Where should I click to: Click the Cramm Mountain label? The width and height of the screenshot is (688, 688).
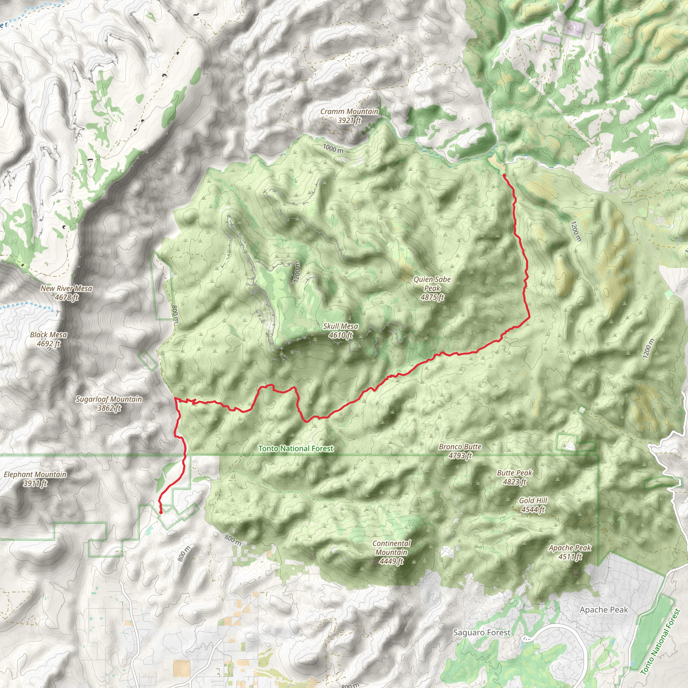tap(349, 112)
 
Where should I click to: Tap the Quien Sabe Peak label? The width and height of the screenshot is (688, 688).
tap(432, 288)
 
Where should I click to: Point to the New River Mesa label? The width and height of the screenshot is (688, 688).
tap(66, 289)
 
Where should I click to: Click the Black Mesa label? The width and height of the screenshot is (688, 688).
tap(48, 335)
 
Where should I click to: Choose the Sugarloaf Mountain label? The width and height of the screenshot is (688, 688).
tap(109, 399)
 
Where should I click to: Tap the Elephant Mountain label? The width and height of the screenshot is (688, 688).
tap(35, 474)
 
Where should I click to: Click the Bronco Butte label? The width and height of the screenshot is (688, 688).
tap(460, 446)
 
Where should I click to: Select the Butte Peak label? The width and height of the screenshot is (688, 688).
tap(515, 473)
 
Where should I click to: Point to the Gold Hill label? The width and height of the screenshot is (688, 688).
tap(533, 500)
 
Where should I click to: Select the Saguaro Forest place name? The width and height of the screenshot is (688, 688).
tap(481, 633)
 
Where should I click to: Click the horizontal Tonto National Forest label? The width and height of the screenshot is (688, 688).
tap(296, 448)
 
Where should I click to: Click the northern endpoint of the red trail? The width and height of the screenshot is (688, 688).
tap(504, 175)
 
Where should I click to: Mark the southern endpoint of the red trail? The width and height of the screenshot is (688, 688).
tap(161, 512)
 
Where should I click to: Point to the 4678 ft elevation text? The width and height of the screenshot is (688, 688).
tap(67, 297)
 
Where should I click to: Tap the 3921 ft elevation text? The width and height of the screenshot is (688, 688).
tap(349, 120)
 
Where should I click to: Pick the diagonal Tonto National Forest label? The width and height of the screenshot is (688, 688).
tap(660, 642)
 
